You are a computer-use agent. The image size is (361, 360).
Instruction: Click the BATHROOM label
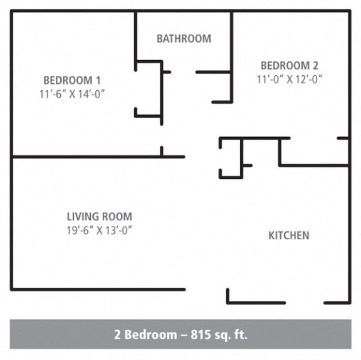pos(184,39)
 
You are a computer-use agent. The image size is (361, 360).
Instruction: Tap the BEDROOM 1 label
pos(71,80)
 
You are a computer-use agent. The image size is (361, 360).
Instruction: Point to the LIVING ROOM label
pos(100,217)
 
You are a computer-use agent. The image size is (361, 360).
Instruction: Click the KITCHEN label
pos(288,235)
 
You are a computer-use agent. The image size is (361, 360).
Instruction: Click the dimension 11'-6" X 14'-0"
pos(71,94)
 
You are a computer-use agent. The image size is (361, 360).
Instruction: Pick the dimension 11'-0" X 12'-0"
pos(290,80)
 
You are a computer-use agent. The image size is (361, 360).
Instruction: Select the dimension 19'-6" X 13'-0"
pos(100,230)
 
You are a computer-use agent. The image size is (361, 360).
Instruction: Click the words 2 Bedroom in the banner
pos(145,334)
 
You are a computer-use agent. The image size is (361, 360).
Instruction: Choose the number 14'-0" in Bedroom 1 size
pos(90,94)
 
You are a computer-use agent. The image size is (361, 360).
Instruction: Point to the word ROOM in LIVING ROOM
pos(118,217)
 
